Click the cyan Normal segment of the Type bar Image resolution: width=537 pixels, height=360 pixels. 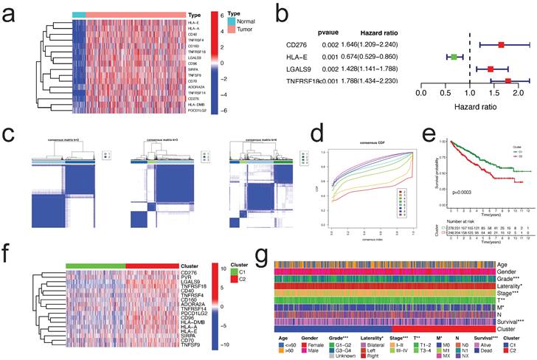[79, 14]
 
